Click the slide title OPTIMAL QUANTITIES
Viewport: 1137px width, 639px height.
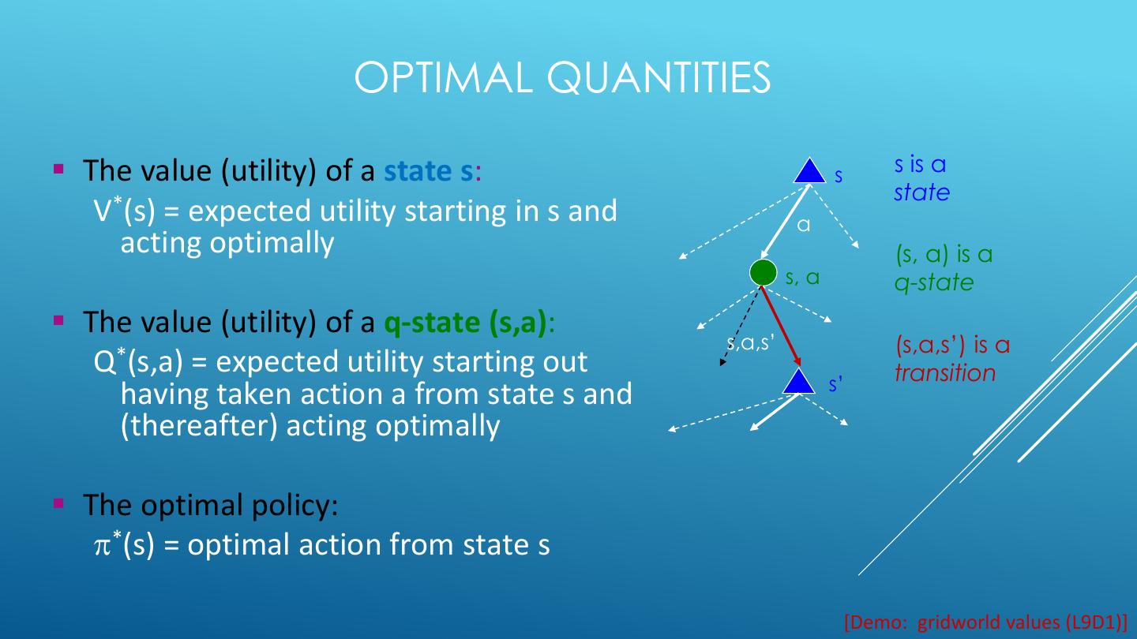click(x=562, y=77)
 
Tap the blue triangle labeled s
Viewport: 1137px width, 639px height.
click(x=809, y=171)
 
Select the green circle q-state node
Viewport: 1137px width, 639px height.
click(x=764, y=272)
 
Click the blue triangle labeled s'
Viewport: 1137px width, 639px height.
click(x=799, y=382)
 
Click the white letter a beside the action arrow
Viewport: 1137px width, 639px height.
click(x=804, y=226)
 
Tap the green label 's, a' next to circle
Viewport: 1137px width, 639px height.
click(x=802, y=277)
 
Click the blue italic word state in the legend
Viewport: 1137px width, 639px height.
click(x=921, y=192)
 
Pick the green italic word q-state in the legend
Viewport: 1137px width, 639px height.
click(x=934, y=282)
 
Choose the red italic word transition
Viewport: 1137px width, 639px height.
click(x=945, y=372)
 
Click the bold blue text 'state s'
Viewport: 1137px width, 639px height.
click(x=429, y=170)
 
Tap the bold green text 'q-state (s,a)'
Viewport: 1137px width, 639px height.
click(x=466, y=322)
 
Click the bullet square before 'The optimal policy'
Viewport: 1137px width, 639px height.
click(x=58, y=503)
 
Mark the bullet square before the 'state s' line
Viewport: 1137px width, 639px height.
click(x=58, y=169)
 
